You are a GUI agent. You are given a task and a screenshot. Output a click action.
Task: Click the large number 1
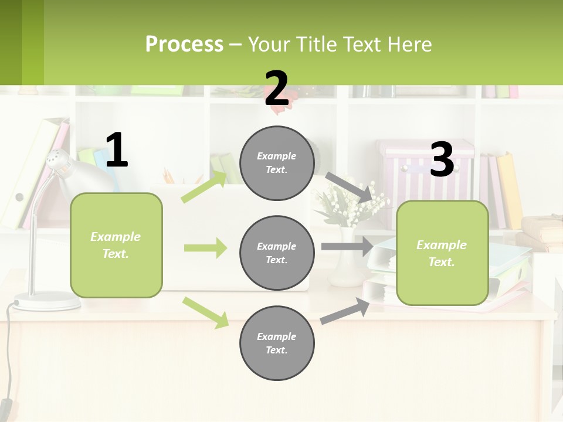(x=117, y=151)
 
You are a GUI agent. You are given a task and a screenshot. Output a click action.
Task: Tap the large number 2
(x=276, y=89)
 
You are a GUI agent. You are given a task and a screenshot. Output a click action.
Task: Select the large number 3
(x=442, y=159)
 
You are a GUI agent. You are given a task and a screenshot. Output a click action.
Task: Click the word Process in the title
(x=184, y=44)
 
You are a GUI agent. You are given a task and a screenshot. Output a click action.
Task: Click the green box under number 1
(x=116, y=245)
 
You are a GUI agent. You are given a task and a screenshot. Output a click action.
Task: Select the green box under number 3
(x=442, y=253)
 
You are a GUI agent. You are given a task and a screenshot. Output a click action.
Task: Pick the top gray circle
(x=277, y=163)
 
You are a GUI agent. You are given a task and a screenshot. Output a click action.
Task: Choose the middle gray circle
(x=277, y=253)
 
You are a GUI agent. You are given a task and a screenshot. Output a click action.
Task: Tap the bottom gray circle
(x=277, y=343)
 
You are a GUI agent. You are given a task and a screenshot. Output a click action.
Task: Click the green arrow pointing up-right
(x=204, y=187)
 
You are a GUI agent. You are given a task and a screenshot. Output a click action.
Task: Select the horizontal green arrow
(x=205, y=248)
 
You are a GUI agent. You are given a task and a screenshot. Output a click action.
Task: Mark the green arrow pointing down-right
(x=205, y=312)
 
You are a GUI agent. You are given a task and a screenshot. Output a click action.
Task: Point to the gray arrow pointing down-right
(x=350, y=187)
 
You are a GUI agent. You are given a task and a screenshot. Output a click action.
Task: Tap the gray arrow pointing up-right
(x=345, y=311)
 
